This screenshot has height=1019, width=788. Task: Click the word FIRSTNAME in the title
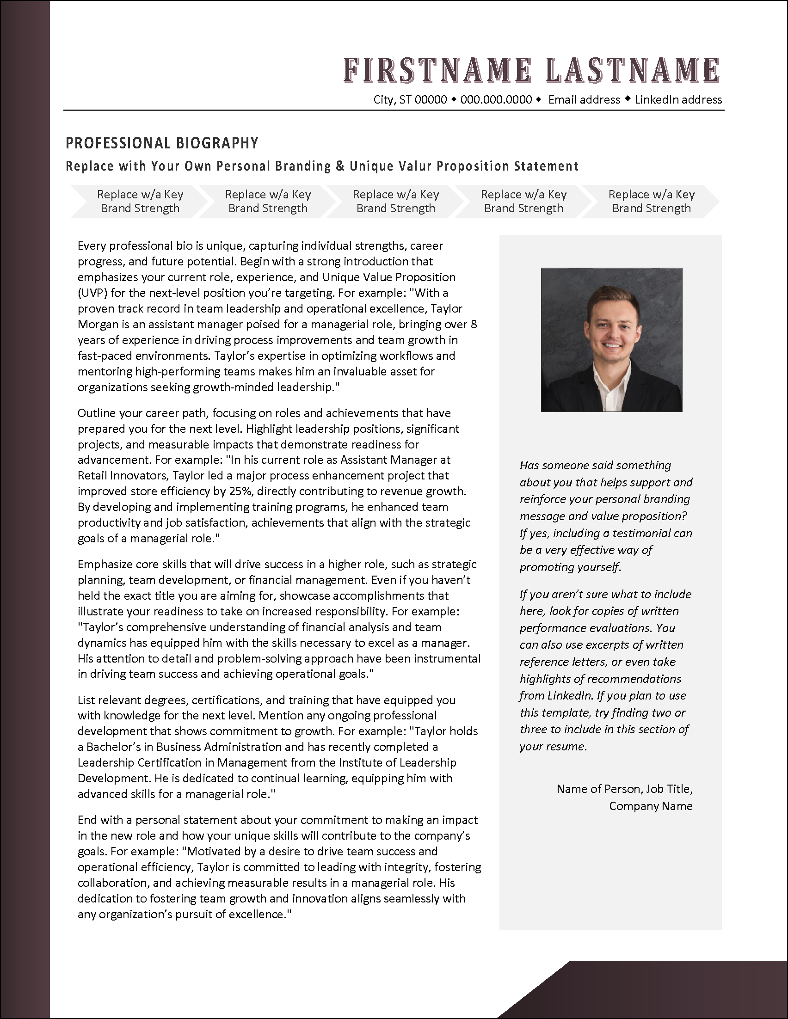coord(437,70)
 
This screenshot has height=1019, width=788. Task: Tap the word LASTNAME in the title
coord(632,70)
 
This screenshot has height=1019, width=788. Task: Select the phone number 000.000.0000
coord(496,99)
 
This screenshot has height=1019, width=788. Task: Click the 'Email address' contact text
coord(584,99)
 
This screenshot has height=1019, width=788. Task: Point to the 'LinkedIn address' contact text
coord(678,99)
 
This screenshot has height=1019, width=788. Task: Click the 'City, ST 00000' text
coord(410,99)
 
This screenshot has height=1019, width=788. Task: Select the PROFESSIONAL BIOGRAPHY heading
coord(162,143)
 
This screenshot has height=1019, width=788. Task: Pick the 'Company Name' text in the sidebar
coord(650,806)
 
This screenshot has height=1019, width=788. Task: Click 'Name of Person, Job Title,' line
coord(624,788)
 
